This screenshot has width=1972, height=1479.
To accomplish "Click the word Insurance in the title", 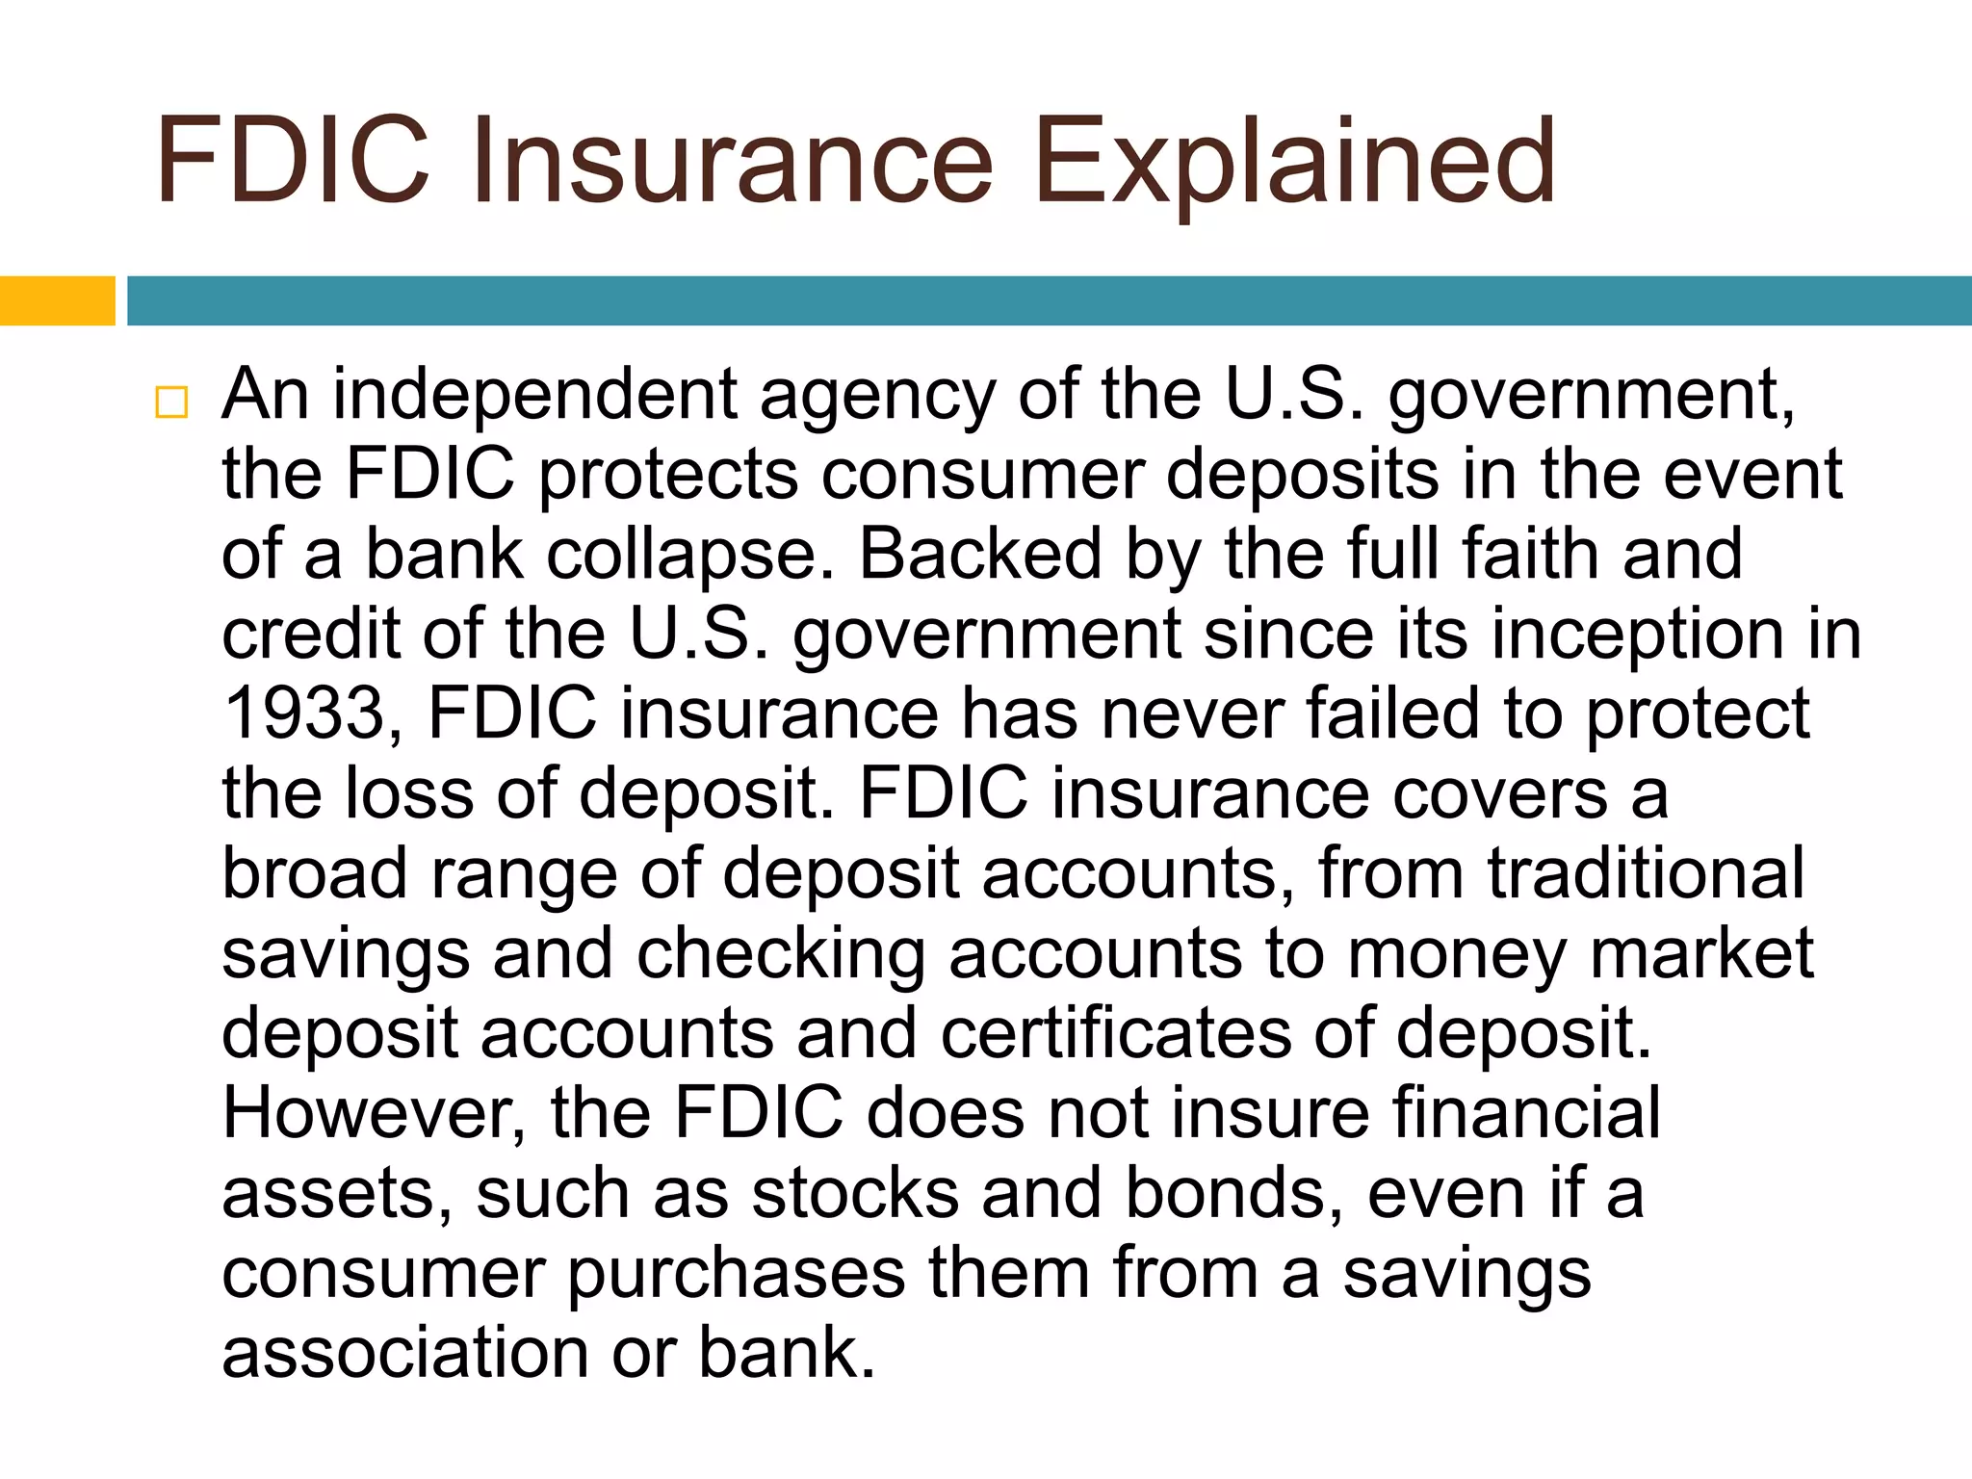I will click(732, 162).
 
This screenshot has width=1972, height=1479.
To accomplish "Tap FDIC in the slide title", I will click(292, 162).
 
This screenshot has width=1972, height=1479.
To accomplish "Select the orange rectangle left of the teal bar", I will click(57, 300).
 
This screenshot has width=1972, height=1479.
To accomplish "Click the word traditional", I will click(1646, 873).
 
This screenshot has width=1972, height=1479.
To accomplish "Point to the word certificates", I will click(1116, 1033).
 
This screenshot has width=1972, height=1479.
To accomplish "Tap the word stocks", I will click(855, 1194).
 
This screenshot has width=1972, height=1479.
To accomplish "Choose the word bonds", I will click(1233, 1194).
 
